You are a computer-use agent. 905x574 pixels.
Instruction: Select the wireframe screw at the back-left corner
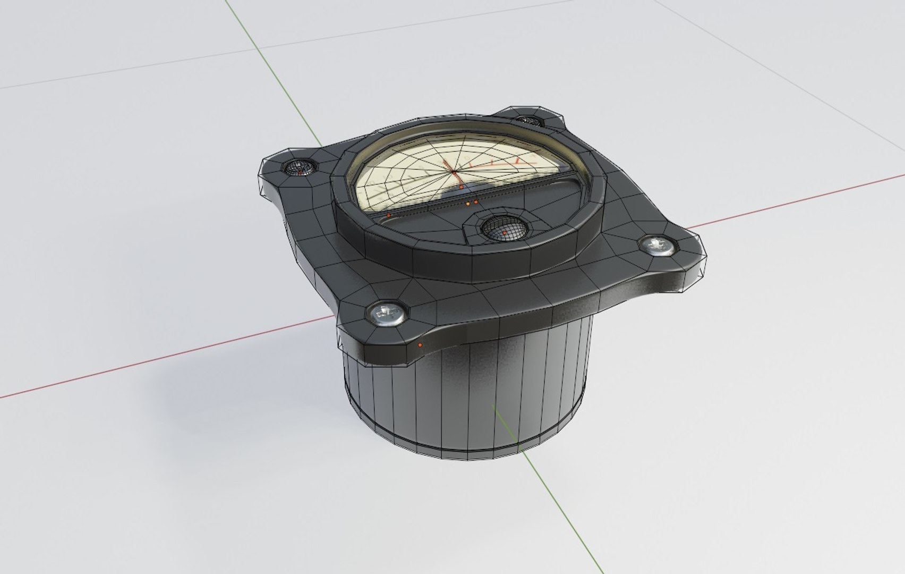click(300, 167)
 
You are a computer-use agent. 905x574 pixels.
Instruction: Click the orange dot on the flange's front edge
click(421, 345)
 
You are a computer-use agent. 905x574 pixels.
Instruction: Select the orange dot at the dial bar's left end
click(389, 215)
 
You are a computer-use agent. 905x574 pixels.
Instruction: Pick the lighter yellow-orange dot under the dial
click(468, 204)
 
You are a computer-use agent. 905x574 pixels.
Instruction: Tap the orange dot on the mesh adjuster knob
click(504, 232)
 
